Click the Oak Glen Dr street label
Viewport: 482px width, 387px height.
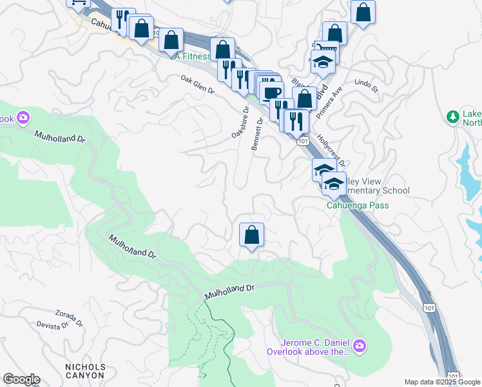197,84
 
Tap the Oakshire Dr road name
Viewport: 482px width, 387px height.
240,123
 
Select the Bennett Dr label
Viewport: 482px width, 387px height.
257,134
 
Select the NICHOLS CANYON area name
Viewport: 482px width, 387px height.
85,370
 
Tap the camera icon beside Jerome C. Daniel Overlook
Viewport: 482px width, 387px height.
360,347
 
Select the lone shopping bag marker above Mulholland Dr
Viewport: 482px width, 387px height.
251,235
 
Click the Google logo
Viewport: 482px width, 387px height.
21,379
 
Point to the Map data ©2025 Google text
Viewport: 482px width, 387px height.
442,382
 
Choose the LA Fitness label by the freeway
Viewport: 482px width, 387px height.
192,56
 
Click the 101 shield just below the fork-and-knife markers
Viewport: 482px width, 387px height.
302,140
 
